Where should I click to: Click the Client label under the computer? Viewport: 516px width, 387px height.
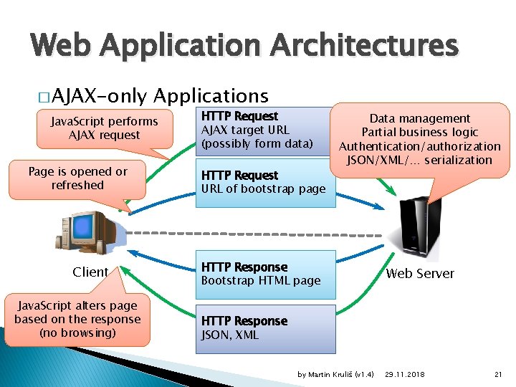point(90,272)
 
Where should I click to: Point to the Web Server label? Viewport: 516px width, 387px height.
point(420,273)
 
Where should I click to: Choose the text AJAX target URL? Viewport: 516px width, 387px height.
point(245,130)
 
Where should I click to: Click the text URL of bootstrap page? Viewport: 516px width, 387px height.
point(263,189)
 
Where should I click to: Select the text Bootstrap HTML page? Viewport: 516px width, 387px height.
point(261,280)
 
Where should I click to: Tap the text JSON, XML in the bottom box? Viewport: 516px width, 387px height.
point(230,335)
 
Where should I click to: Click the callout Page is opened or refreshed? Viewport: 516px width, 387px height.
point(77,178)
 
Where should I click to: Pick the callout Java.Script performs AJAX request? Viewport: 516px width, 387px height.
point(105,128)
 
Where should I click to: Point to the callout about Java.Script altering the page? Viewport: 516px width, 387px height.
point(77,319)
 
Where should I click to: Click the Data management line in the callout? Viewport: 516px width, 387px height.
point(420,118)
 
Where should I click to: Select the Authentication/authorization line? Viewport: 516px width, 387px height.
point(420,146)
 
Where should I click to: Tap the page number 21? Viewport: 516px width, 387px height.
point(499,375)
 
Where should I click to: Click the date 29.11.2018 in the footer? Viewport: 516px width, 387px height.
point(404,375)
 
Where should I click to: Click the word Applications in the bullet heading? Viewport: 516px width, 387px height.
point(211,96)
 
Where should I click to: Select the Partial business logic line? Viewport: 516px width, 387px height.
point(420,132)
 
